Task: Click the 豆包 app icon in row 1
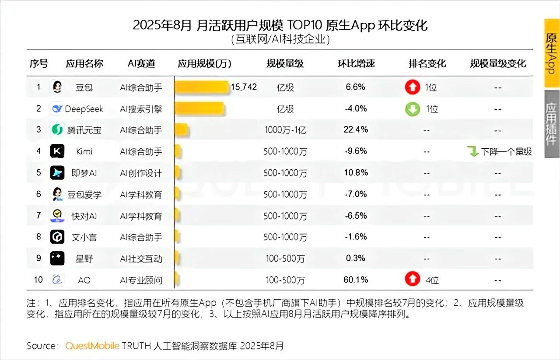pos(57,87)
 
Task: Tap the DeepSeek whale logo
pos(57,108)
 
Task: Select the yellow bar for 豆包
pos(202,87)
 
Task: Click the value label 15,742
pos(244,87)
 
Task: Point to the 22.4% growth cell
pos(356,129)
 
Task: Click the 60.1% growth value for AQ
pos(356,280)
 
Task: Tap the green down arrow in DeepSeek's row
pos(412,108)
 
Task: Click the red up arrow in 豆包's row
pos(412,87)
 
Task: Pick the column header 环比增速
pos(356,63)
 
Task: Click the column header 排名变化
pos(427,63)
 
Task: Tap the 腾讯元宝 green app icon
pos(57,129)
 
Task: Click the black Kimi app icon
pos(57,151)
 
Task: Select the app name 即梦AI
pos(84,173)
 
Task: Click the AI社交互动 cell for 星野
pos(141,259)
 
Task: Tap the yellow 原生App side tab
pos(552,52)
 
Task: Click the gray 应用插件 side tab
pos(552,124)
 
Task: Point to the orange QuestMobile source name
pos(92,346)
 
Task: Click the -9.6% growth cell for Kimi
pos(356,151)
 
